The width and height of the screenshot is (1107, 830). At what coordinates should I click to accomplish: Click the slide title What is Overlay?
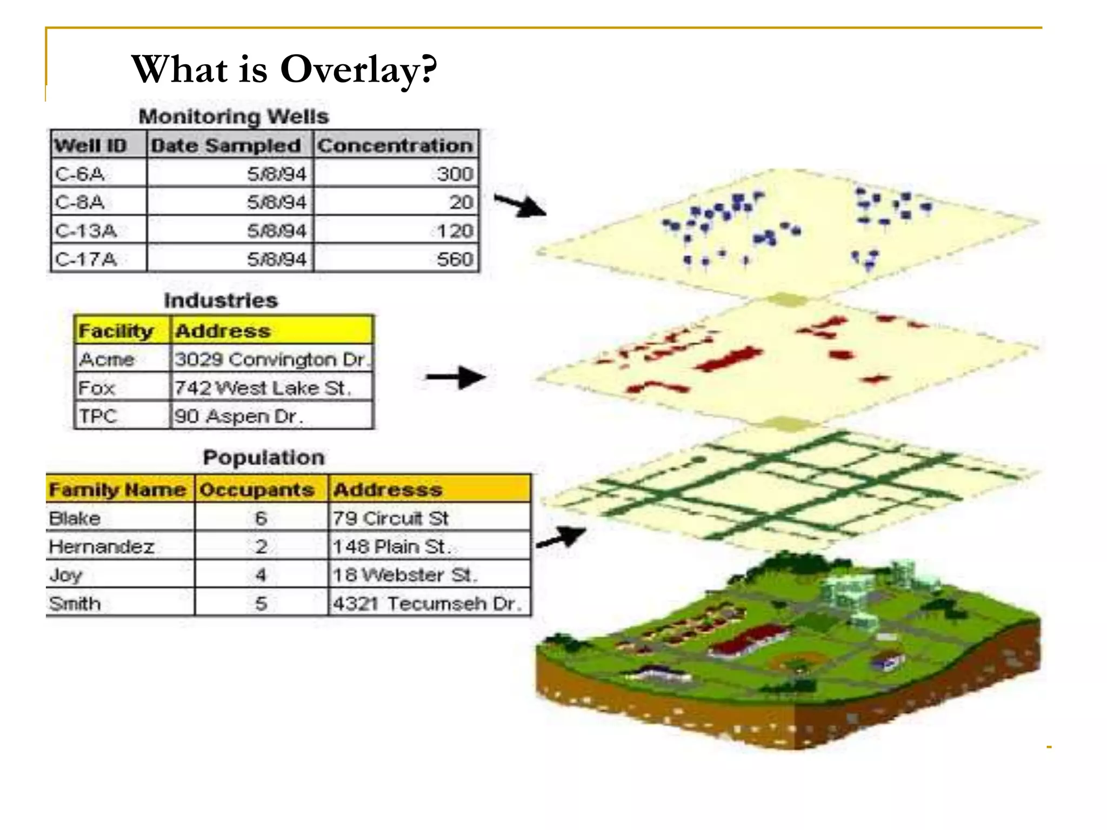(x=284, y=69)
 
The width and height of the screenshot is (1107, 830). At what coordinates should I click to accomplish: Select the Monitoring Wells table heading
(x=234, y=117)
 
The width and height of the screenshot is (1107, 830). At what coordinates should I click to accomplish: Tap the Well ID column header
(x=91, y=145)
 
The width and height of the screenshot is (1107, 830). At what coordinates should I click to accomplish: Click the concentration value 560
(x=455, y=259)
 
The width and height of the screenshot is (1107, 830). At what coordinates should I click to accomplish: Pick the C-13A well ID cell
(x=86, y=231)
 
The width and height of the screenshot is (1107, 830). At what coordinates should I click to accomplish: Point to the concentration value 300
(x=455, y=174)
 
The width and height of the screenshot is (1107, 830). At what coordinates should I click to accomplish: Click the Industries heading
(x=221, y=300)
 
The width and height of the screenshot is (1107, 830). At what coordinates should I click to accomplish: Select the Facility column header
(x=116, y=331)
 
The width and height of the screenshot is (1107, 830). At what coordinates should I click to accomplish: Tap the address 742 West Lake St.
(x=262, y=388)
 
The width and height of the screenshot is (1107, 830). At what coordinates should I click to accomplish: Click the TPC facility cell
(x=98, y=416)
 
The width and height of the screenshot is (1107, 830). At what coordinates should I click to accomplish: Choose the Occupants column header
(x=257, y=490)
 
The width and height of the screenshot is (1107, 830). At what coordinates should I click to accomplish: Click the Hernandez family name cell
(x=102, y=546)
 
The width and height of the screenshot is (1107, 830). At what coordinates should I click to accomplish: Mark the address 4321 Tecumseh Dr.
(x=427, y=603)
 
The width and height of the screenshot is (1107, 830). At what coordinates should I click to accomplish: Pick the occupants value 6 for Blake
(x=261, y=518)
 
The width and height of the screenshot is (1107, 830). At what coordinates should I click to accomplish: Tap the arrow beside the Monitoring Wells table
(x=520, y=205)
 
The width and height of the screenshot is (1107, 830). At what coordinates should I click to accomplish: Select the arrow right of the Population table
(x=561, y=537)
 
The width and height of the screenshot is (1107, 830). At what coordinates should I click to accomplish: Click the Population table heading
(x=264, y=458)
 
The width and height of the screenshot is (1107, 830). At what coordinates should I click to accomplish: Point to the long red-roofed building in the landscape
(x=749, y=641)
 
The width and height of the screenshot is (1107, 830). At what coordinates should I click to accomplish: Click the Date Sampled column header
(x=226, y=145)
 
